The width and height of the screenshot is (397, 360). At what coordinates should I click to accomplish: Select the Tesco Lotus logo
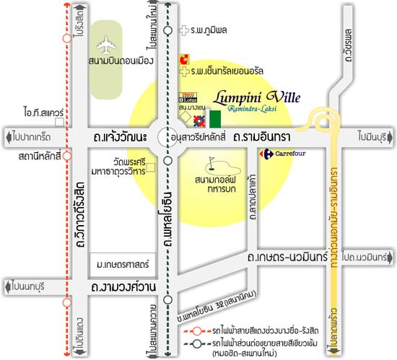189,96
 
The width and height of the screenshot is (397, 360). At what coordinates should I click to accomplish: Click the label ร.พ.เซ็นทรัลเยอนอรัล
226,71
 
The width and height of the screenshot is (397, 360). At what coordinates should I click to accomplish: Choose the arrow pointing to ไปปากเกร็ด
9,135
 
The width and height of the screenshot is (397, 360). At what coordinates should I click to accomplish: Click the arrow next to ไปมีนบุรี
391,135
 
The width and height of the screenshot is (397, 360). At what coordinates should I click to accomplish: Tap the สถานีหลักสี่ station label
28,155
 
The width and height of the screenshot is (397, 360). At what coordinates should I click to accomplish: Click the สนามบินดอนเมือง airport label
120,61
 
